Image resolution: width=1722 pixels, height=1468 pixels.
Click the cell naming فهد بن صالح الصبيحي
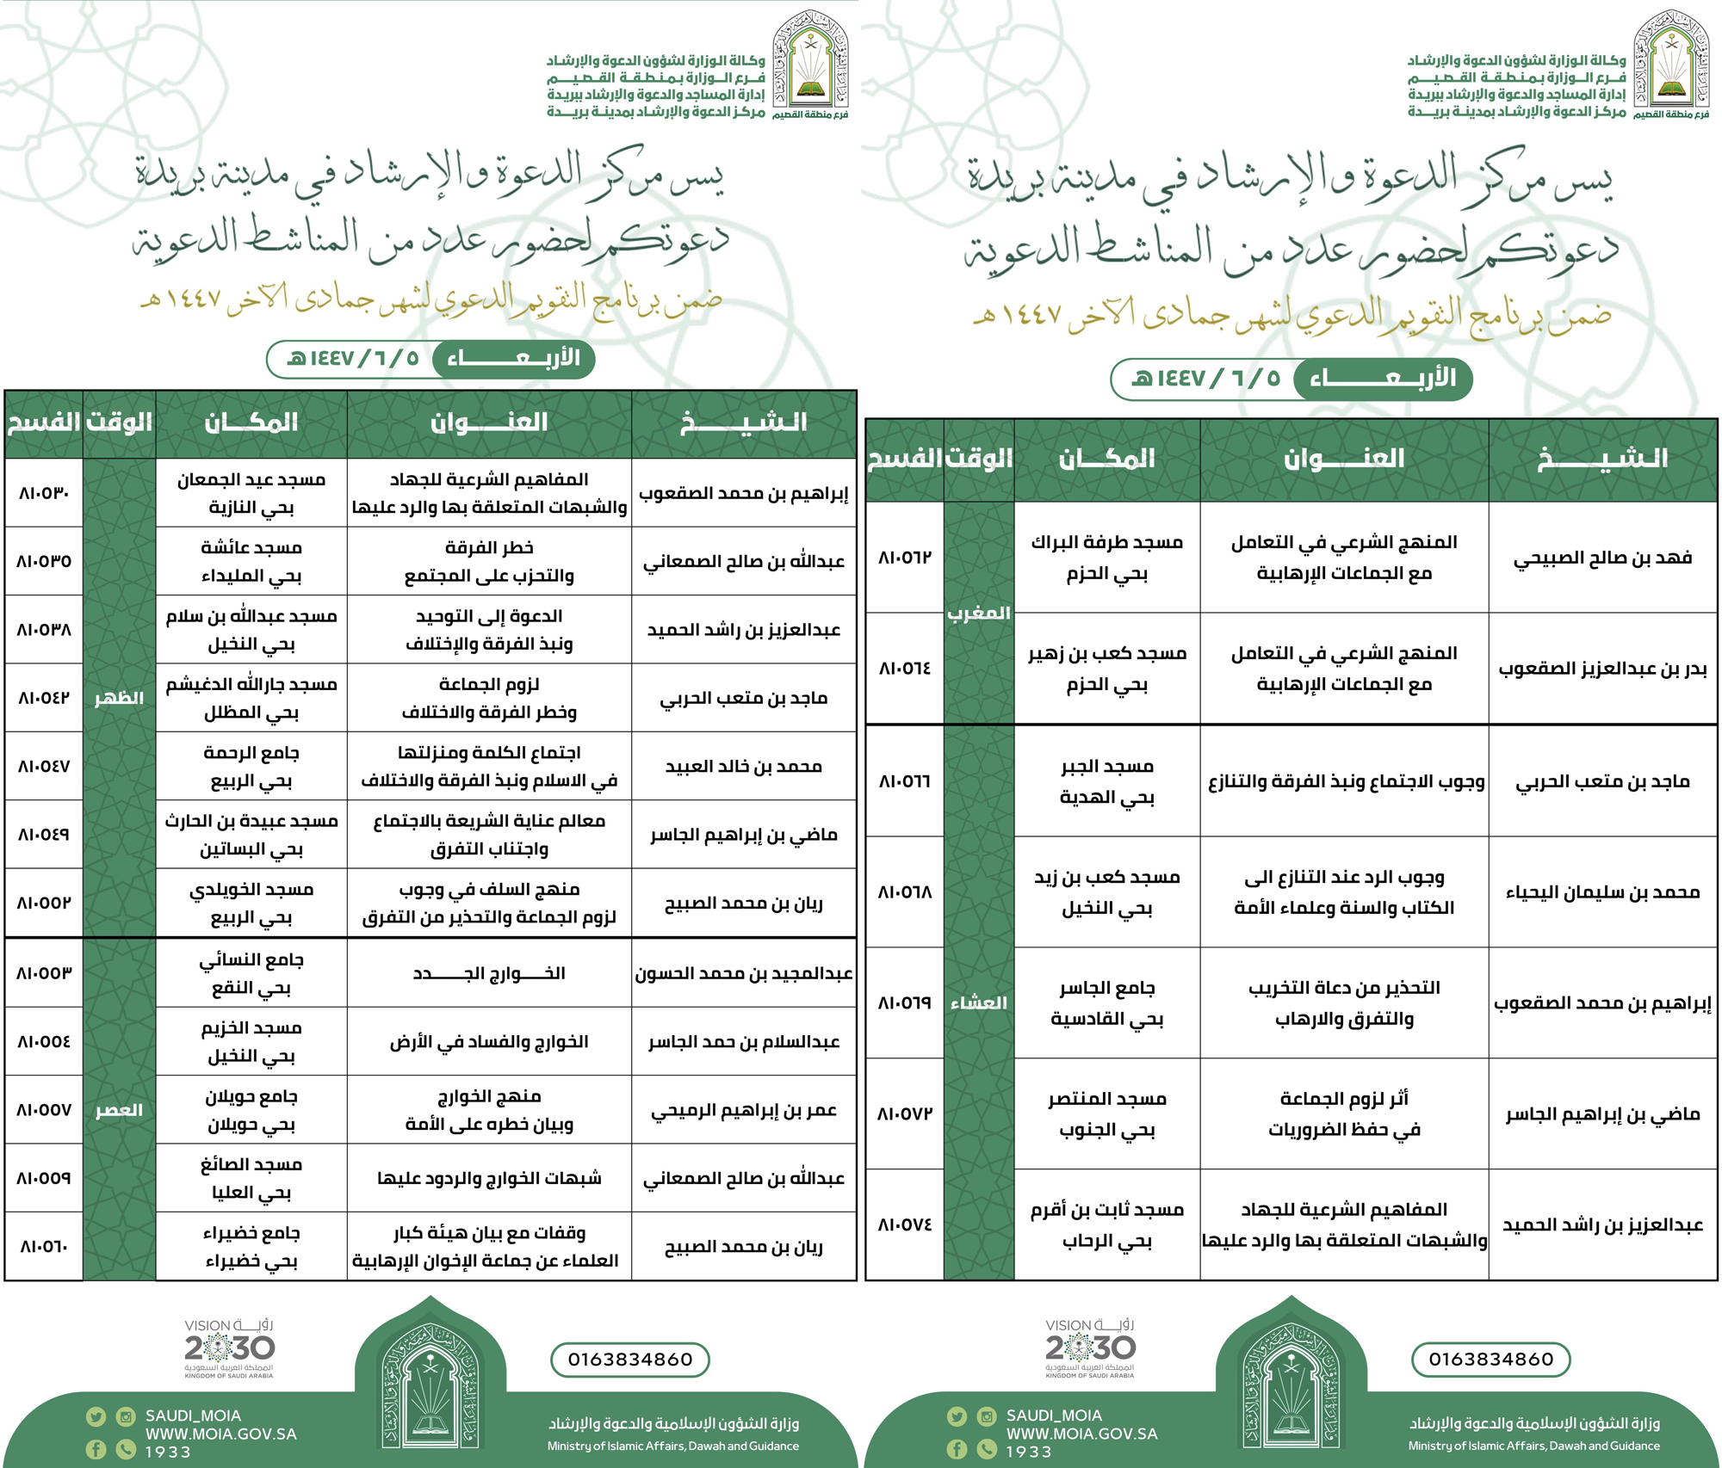pyautogui.click(x=1602, y=558)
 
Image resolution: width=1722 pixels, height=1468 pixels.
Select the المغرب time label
pyautogui.click(x=978, y=614)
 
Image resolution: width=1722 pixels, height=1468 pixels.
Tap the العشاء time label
pyautogui.click(x=978, y=1002)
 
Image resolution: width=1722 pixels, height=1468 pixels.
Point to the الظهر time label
pyautogui.click(x=119, y=698)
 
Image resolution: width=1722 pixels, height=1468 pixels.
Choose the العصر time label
pyautogui.click(x=119, y=1110)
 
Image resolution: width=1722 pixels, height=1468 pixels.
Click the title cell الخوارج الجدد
pyautogui.click(x=489, y=973)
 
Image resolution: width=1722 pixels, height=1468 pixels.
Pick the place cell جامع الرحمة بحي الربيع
pyautogui.click(x=251, y=767)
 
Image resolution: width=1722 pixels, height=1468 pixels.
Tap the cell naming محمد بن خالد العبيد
pyautogui.click(x=743, y=767)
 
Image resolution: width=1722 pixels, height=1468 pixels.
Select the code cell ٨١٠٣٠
pyautogui.click(x=44, y=493)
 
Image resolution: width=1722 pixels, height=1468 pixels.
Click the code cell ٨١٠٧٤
pyautogui.click(x=905, y=1224)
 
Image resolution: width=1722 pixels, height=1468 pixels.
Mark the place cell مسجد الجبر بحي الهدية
pyautogui.click(x=1107, y=781)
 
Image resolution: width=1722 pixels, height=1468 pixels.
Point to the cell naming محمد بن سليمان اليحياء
pyautogui.click(x=1602, y=892)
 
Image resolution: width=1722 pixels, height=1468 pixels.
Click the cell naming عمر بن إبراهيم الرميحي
pyautogui.click(x=743, y=1110)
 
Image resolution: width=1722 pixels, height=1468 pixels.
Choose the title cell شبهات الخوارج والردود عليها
pyautogui.click(x=489, y=1178)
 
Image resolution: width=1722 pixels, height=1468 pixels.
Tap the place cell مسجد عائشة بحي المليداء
pyautogui.click(x=251, y=561)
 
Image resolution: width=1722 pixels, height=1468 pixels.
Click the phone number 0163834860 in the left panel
pyautogui.click(x=630, y=1360)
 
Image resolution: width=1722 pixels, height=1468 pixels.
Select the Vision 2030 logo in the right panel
pyautogui.click(x=1090, y=1348)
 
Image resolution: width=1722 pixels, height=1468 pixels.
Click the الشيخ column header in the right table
pyautogui.click(x=1602, y=459)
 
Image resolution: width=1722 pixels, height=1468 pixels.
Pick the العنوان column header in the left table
pyautogui.click(x=489, y=423)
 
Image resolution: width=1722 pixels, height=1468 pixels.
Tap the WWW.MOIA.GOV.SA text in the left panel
pyautogui.click(x=220, y=1434)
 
